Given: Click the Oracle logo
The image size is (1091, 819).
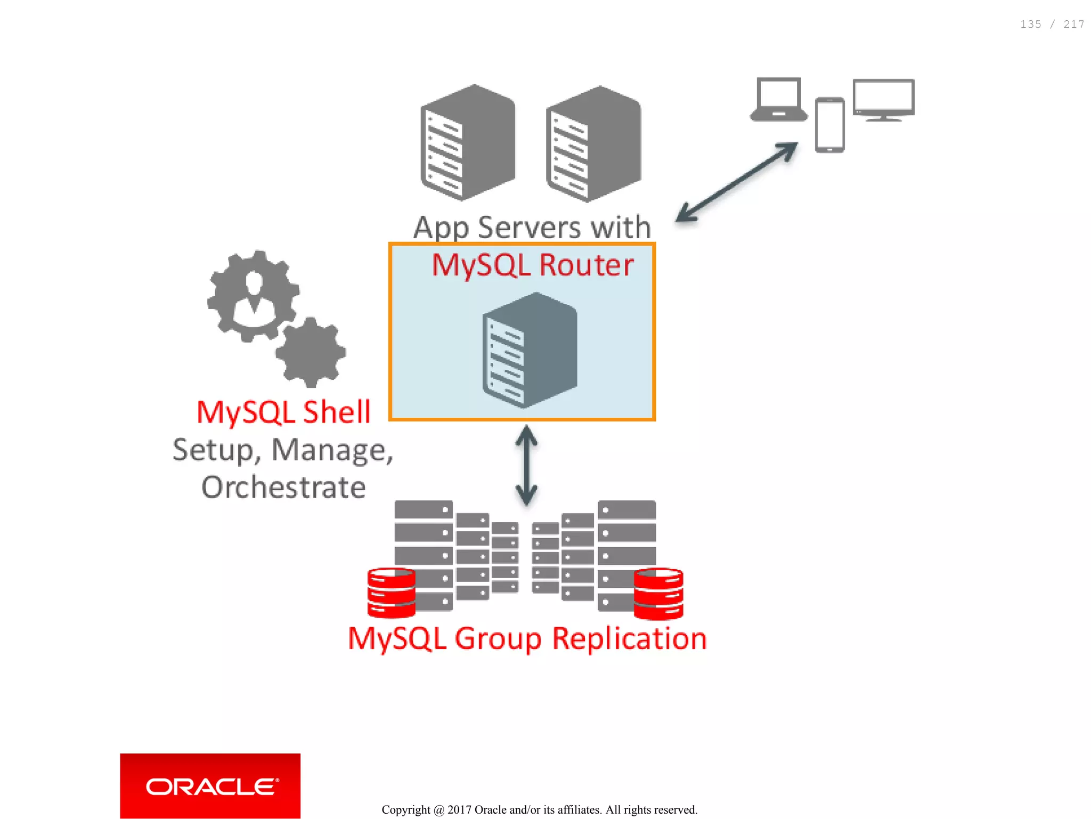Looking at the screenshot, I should (210, 786).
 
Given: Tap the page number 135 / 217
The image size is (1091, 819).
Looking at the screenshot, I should (1052, 25).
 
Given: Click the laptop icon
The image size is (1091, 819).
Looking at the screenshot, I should (778, 100).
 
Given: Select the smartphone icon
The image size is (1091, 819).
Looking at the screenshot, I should (829, 125).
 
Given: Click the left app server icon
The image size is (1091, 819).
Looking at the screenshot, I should (468, 143).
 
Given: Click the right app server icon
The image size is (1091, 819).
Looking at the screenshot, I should (593, 144).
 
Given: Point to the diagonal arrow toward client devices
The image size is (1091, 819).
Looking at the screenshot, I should (737, 182).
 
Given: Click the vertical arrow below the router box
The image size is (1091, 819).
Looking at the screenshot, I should (526, 465).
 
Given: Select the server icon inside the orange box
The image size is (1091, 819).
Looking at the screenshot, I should (530, 350).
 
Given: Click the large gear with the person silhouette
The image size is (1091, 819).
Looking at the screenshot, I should (253, 295).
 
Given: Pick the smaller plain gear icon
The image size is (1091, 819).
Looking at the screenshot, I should (311, 352).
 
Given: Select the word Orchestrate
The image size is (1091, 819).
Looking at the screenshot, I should (283, 487).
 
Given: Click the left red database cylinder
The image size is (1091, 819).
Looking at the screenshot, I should (391, 593).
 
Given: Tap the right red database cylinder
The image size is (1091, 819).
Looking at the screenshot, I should (658, 594).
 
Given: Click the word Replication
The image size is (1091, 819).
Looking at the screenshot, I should (629, 638).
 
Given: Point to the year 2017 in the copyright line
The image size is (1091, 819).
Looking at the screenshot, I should (459, 809).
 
